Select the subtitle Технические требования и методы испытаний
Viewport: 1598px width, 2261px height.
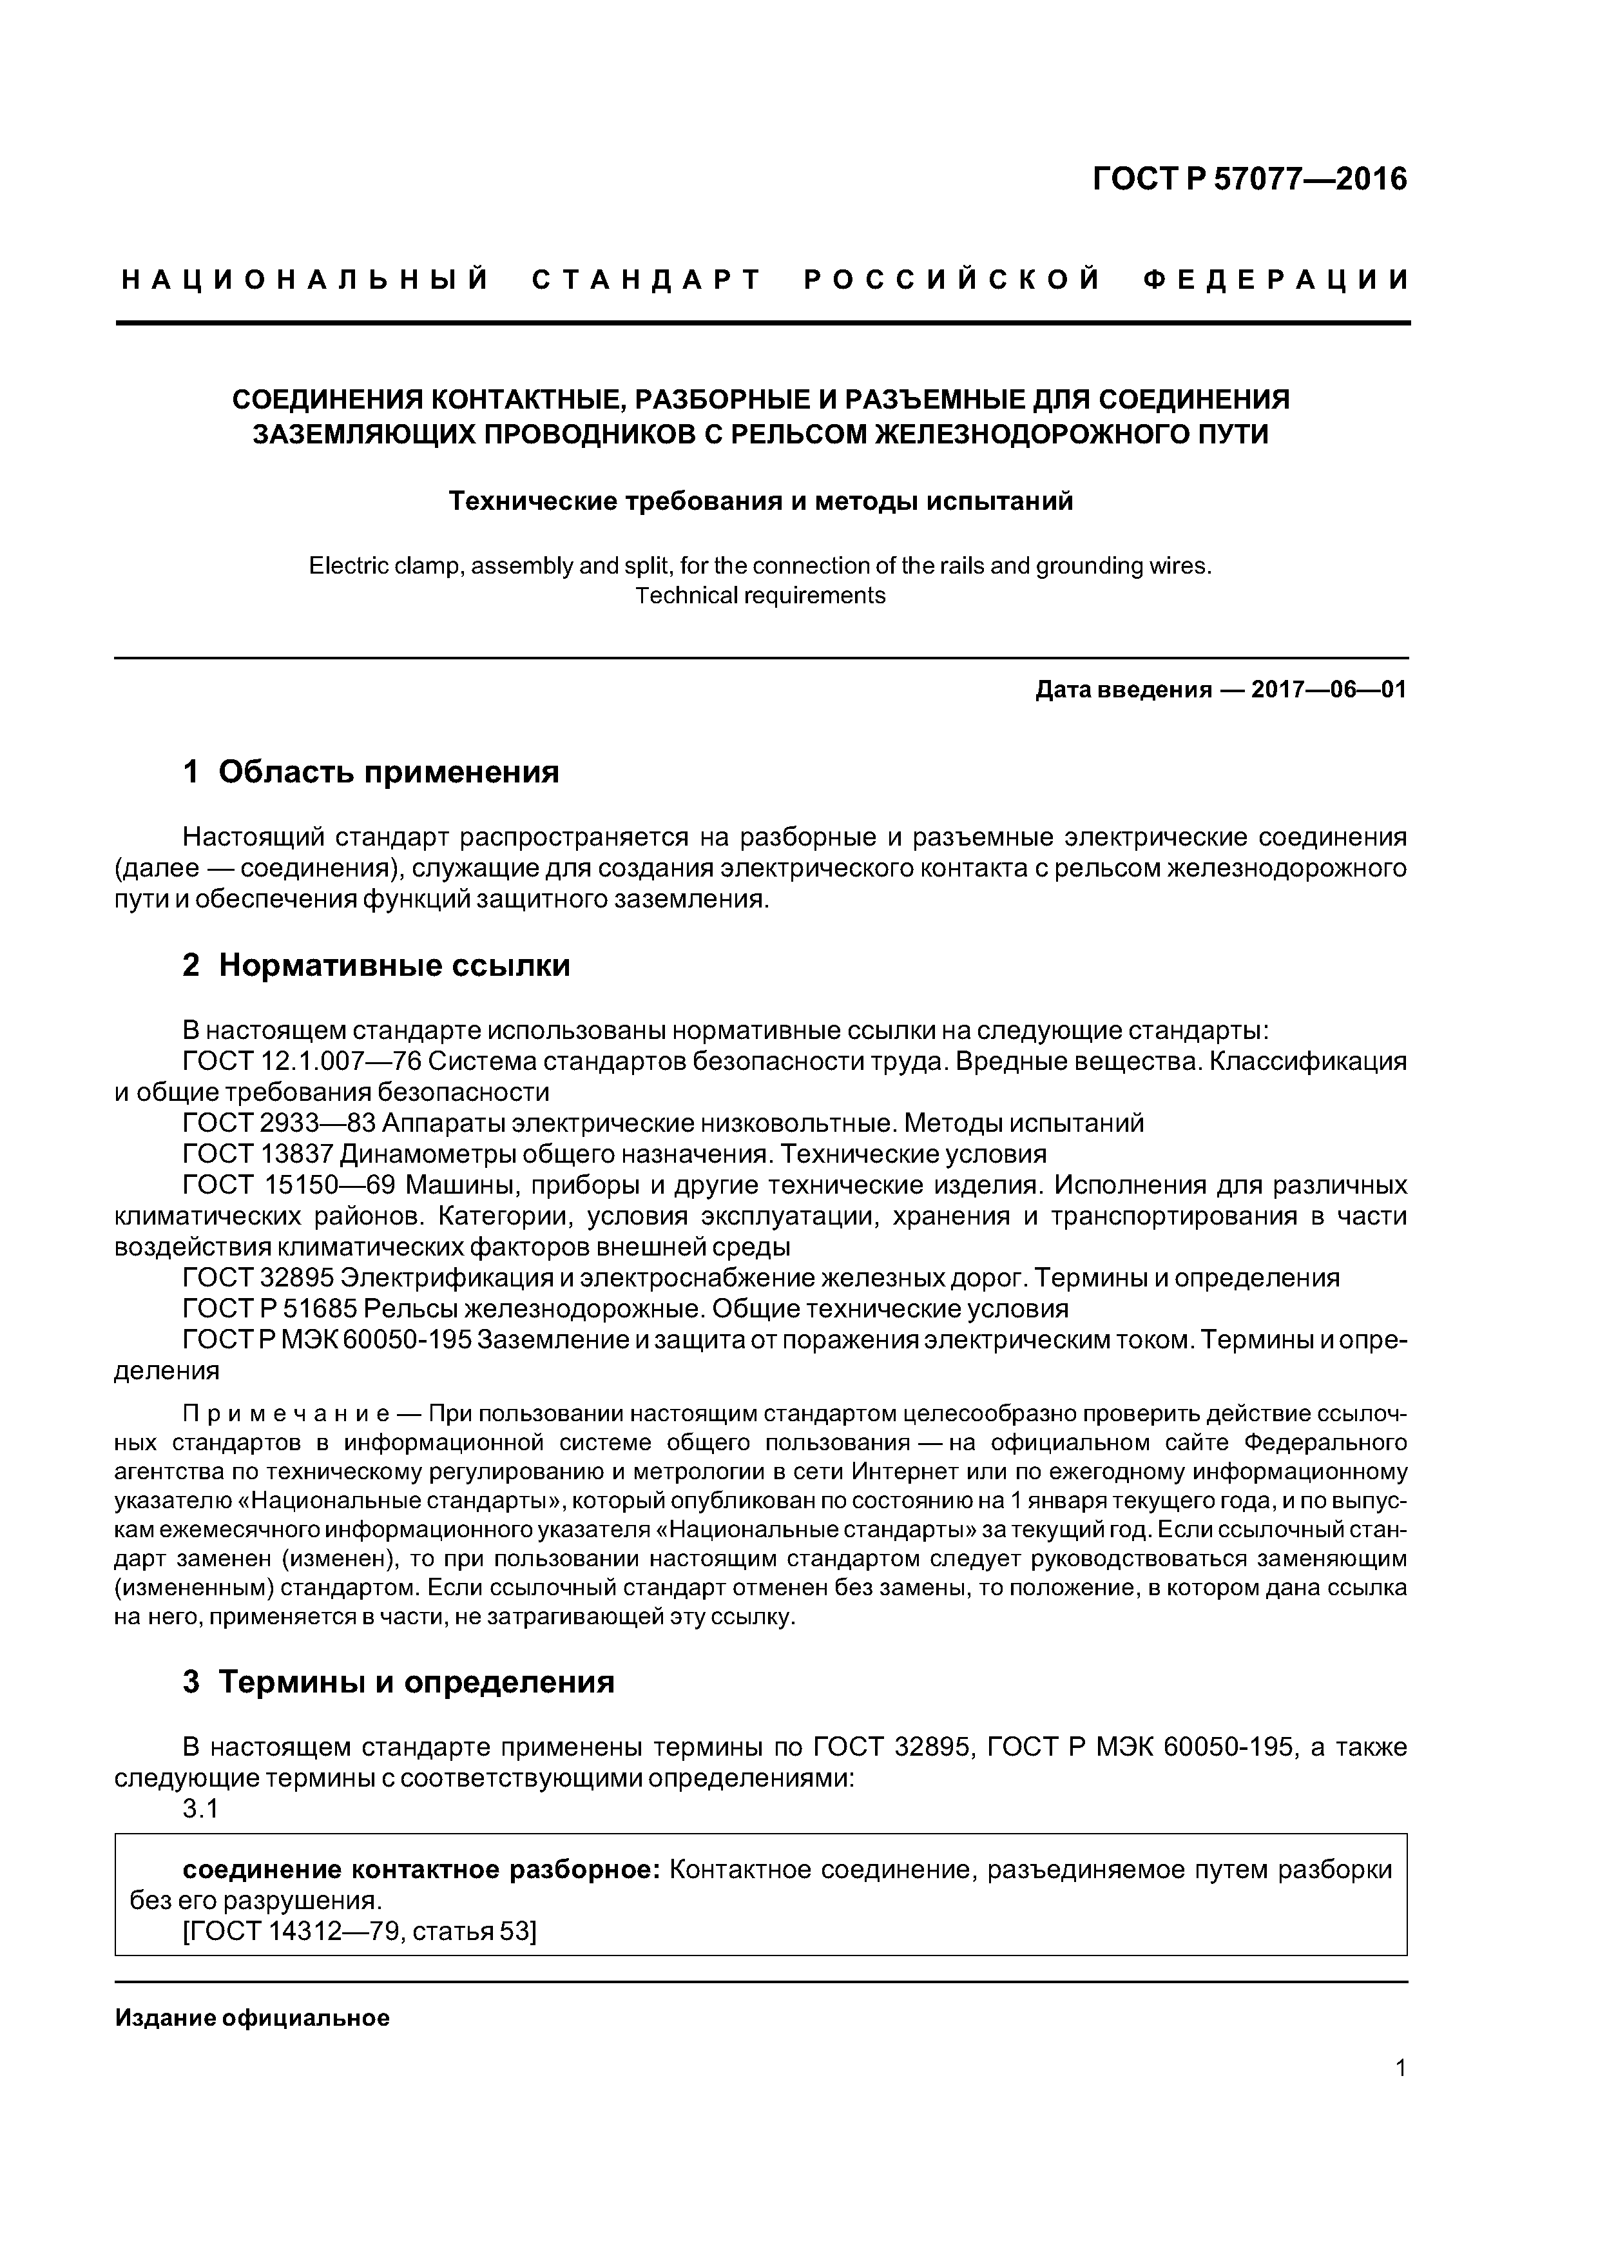tap(760, 501)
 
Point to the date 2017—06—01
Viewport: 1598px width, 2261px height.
tap(1328, 690)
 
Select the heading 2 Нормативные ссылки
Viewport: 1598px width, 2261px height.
tap(376, 965)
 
